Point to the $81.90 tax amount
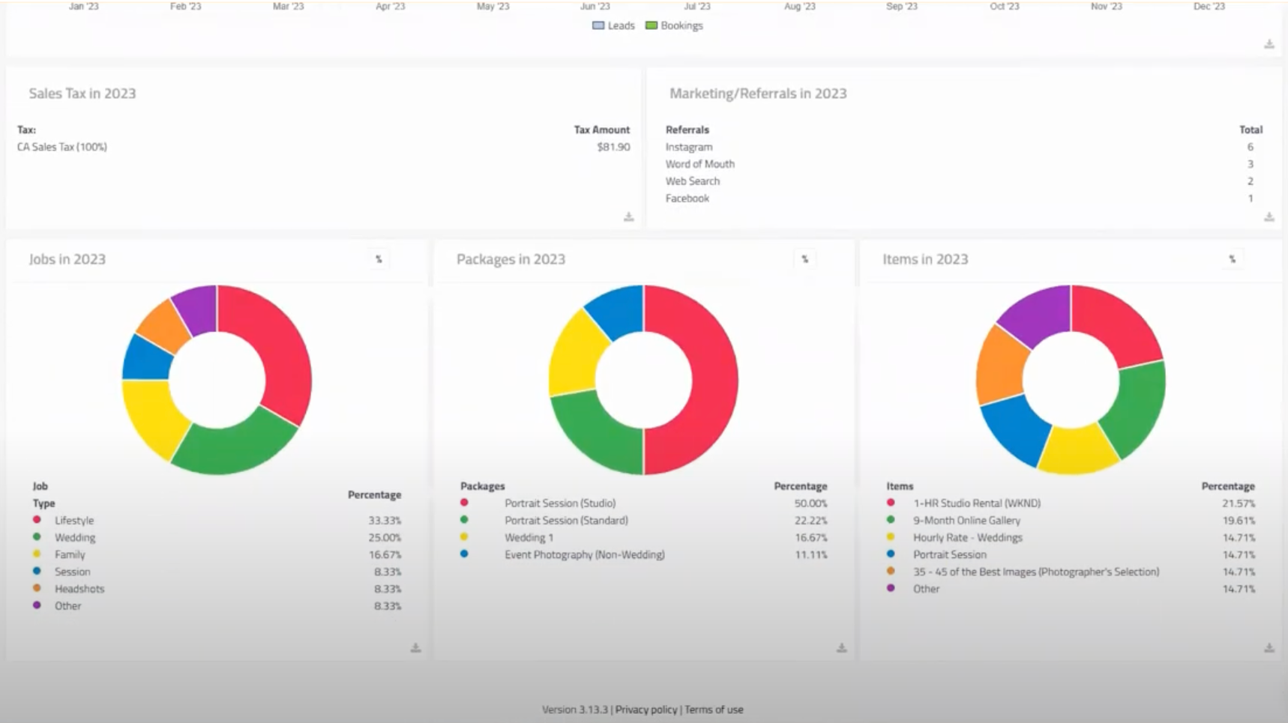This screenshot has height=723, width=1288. pyautogui.click(x=613, y=147)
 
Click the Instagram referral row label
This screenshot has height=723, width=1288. pyautogui.click(x=688, y=147)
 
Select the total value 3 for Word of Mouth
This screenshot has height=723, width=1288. pyautogui.click(x=1250, y=164)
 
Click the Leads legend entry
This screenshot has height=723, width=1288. pyautogui.click(x=613, y=25)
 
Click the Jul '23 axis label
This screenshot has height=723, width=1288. pyautogui.click(x=696, y=6)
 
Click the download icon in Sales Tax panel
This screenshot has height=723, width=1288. pyautogui.click(x=628, y=217)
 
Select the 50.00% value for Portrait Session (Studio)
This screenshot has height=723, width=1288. pyautogui.click(x=810, y=503)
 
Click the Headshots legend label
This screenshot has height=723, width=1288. pyautogui.click(x=79, y=589)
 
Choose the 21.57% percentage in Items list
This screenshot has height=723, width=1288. pyautogui.click(x=1238, y=503)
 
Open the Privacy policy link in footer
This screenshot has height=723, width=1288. pyautogui.click(x=645, y=710)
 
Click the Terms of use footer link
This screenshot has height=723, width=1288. pyautogui.click(x=714, y=710)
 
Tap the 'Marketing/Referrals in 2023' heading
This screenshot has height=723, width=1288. pyautogui.click(x=757, y=94)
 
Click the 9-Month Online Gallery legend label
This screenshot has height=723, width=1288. pyautogui.click(x=966, y=521)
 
